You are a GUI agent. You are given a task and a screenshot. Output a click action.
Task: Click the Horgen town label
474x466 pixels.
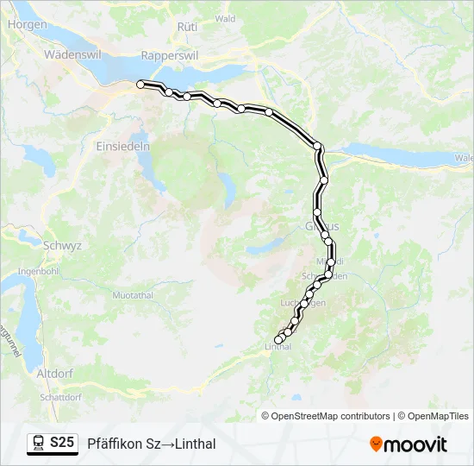(x=27, y=25)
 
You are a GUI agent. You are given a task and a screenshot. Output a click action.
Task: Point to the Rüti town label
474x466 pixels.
(x=187, y=27)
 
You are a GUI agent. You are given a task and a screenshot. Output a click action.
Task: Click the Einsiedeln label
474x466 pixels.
(x=126, y=146)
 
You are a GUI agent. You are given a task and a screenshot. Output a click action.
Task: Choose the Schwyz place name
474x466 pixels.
(x=62, y=245)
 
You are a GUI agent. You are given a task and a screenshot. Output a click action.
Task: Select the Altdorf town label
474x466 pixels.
(x=55, y=374)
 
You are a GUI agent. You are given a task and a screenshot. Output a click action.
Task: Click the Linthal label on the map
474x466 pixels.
(x=277, y=347)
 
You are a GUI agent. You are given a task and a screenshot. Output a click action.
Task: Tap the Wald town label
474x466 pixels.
(x=225, y=18)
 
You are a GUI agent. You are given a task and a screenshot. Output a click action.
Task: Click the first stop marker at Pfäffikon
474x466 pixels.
(x=140, y=84)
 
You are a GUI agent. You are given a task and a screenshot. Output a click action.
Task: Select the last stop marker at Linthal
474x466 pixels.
(x=278, y=340)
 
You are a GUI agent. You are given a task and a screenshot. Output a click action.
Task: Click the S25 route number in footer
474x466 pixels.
(x=62, y=443)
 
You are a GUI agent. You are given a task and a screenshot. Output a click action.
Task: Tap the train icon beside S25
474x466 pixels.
(x=39, y=444)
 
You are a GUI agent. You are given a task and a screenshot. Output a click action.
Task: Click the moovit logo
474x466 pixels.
(x=409, y=444)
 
